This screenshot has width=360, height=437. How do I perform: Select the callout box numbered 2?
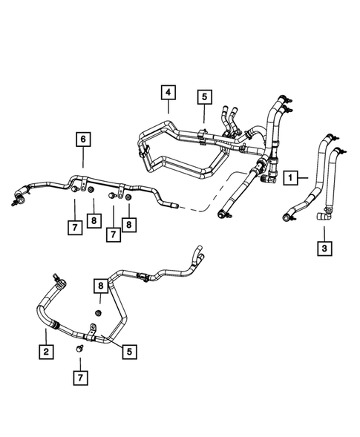point(46,351)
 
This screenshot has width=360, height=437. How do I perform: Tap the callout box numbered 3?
point(324,248)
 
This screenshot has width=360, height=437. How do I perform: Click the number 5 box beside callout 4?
point(203,96)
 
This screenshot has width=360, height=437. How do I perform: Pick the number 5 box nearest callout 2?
point(129,352)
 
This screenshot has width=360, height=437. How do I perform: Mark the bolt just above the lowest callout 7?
point(79,348)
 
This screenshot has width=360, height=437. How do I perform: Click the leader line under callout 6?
point(82,157)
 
